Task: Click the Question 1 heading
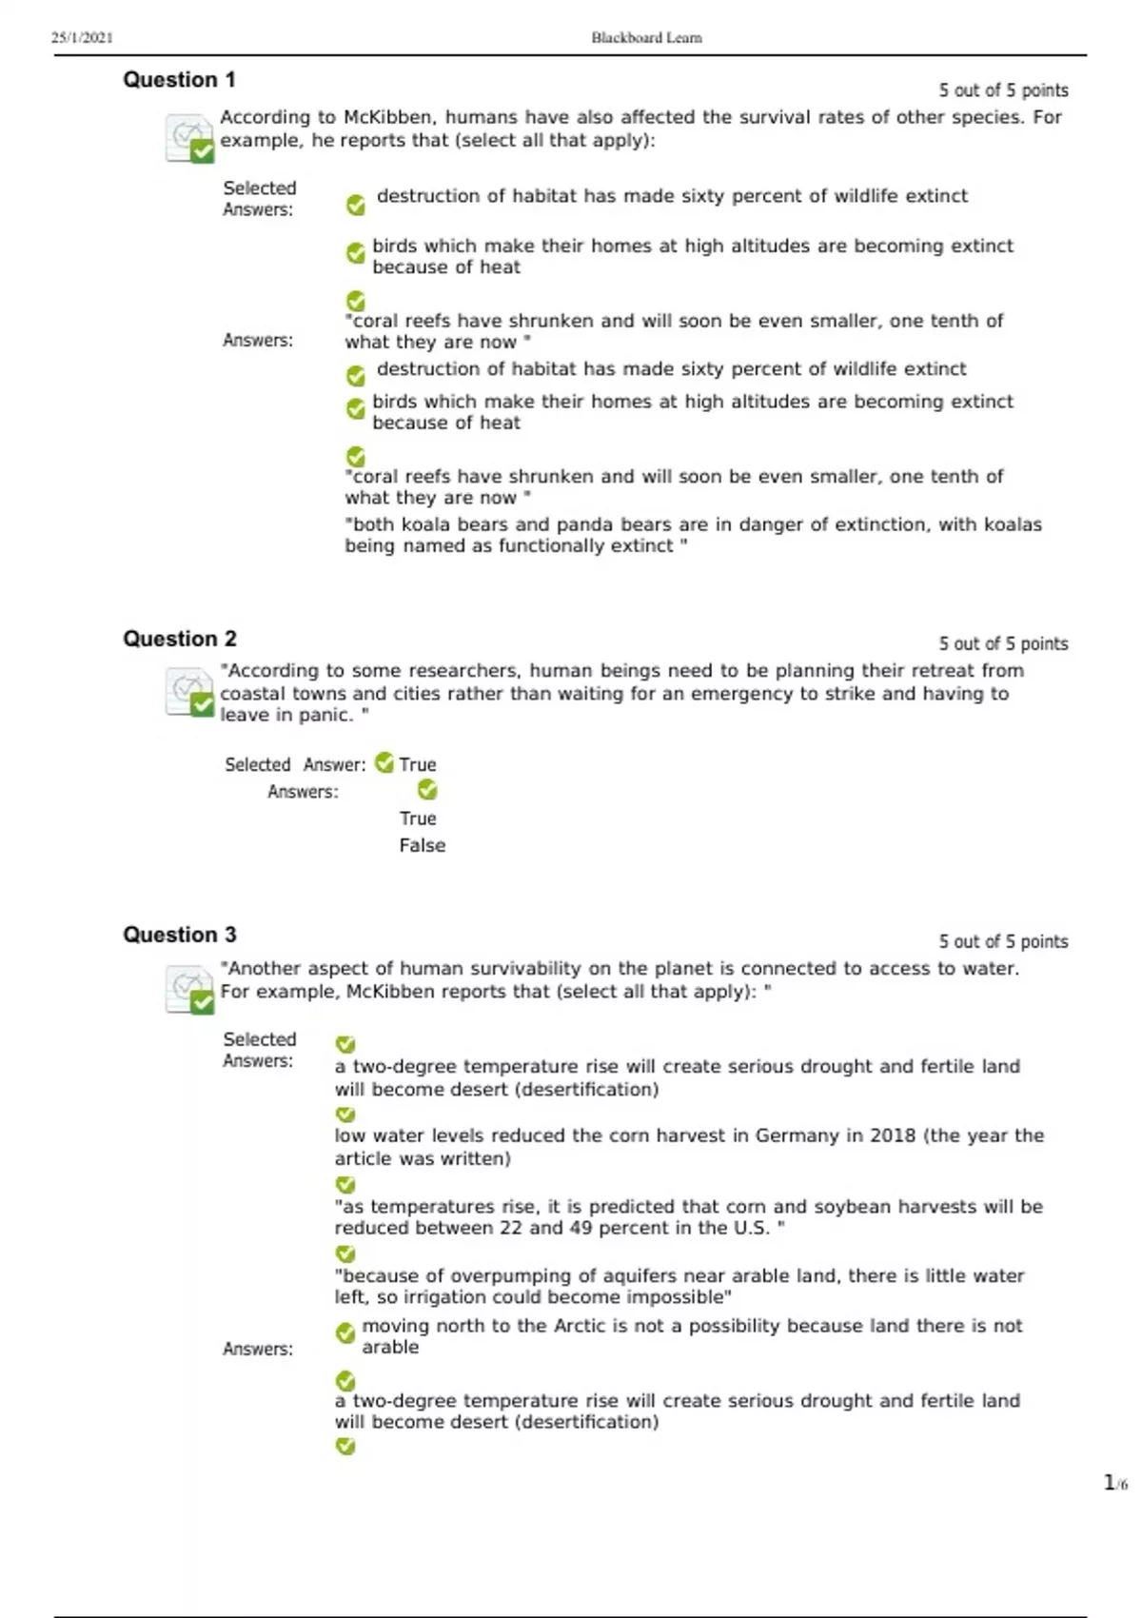click(x=179, y=80)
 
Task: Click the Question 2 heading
click(x=179, y=639)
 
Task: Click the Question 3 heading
click(x=179, y=935)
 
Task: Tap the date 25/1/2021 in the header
click(x=82, y=38)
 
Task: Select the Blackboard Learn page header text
click(x=646, y=38)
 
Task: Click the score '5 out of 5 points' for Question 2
click(x=1003, y=644)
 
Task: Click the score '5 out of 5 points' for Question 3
click(x=1003, y=941)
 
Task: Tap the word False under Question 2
click(x=422, y=845)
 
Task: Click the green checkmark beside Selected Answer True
click(x=384, y=762)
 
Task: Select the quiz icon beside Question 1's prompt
click(x=188, y=138)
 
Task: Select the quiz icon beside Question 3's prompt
click(x=188, y=989)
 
